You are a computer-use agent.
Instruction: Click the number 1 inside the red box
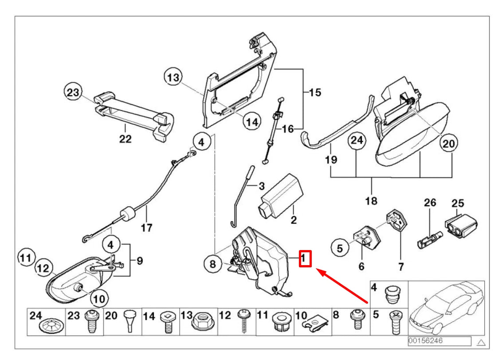point(305,258)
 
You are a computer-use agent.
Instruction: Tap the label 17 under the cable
point(146,228)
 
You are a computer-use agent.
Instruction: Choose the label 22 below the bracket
point(125,139)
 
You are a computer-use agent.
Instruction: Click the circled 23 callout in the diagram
point(72,93)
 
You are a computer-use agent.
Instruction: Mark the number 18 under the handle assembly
point(371,201)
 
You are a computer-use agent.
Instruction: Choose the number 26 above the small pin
point(430,203)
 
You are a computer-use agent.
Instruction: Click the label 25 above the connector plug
point(458,203)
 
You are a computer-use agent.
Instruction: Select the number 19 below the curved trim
point(331,159)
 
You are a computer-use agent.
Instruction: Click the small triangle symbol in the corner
point(481,342)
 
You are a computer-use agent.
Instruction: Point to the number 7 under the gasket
point(400,266)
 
